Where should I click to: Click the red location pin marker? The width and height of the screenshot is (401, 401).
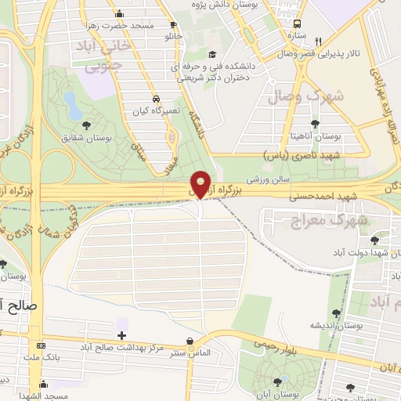[x=201, y=183]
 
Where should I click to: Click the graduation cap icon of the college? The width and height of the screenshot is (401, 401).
[x=212, y=54]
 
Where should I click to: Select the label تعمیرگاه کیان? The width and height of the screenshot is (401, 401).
[x=150, y=110]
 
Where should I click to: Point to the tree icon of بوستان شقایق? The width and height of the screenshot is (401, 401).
[x=85, y=125]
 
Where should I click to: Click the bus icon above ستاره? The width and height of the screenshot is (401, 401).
[x=298, y=24]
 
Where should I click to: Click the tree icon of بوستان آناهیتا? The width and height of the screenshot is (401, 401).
[x=315, y=124]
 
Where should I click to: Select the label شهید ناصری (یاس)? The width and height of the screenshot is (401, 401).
[x=308, y=155]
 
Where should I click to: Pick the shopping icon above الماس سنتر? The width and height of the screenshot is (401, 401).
[x=190, y=341]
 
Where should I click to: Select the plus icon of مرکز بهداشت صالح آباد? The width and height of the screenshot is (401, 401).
[x=121, y=335]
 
